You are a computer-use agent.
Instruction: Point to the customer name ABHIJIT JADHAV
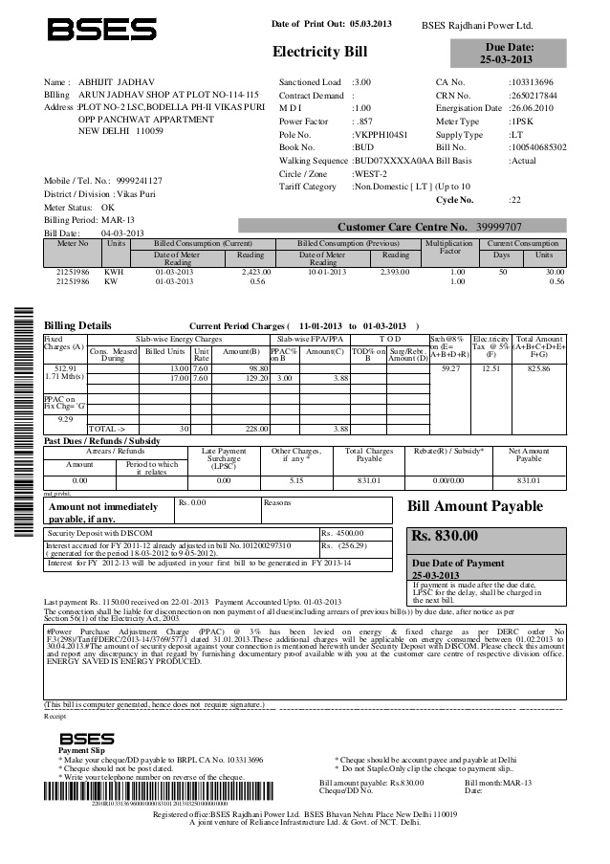[x=117, y=83]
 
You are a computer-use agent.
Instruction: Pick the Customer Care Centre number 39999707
[x=499, y=227]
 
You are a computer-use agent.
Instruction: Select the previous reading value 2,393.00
[x=394, y=273]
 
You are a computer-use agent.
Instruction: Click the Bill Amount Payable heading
[x=475, y=506]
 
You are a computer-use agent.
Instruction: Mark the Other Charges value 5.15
[x=295, y=479]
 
